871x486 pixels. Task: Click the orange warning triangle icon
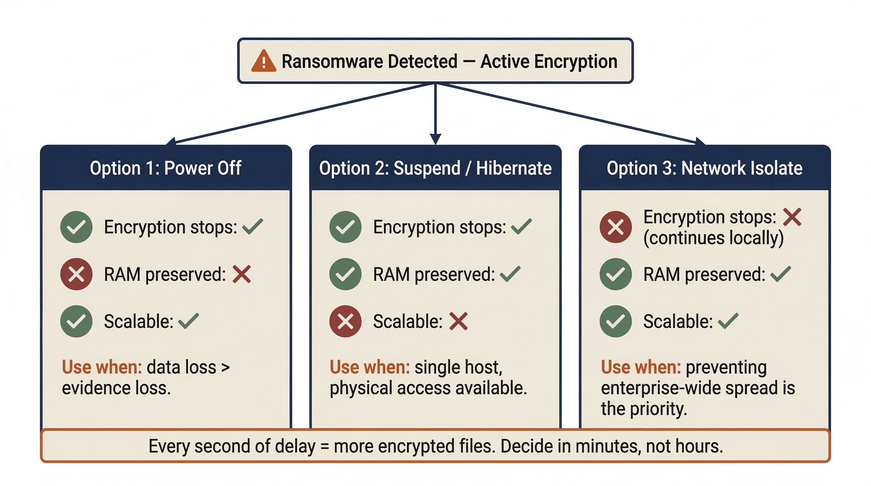263,62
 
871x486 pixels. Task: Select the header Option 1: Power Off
165,168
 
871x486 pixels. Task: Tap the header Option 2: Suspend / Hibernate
435,168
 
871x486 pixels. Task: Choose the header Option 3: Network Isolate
704,168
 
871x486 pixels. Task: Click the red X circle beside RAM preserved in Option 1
76,274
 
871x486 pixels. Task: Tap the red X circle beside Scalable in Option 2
345,321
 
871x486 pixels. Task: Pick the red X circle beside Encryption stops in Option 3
615,227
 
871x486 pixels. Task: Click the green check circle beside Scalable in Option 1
76,321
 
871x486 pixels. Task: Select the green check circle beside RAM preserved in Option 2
345,274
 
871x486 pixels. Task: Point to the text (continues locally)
713,238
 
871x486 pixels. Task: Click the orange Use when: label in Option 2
370,367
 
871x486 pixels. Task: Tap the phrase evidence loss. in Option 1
116,388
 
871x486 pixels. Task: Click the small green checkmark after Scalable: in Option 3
728,321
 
